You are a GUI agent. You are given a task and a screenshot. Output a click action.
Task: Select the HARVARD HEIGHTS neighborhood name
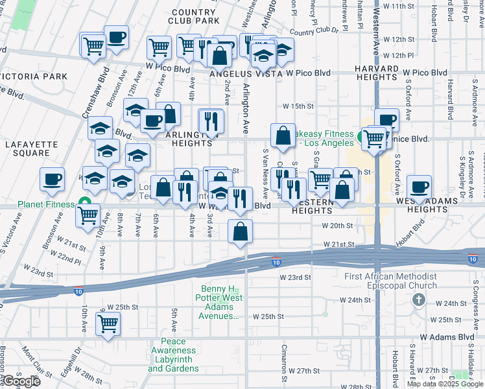tap(375, 73)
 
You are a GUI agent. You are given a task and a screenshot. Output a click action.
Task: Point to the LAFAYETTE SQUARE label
tap(27, 148)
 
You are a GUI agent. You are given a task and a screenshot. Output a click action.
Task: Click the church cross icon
tap(419, 300)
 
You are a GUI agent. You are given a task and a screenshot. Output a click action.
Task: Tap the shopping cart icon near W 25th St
tap(108, 322)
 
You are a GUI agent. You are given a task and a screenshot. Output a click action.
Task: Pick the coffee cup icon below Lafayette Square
tap(52, 179)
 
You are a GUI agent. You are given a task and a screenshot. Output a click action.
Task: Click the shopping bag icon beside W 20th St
tap(240, 231)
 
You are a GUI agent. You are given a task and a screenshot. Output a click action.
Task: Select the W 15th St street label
tap(298, 106)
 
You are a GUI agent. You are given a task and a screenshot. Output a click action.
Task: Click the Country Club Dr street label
tap(314, 30)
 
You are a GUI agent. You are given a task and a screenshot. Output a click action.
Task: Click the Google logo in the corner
tap(21, 382)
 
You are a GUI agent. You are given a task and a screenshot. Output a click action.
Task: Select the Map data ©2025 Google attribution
tap(445, 384)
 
